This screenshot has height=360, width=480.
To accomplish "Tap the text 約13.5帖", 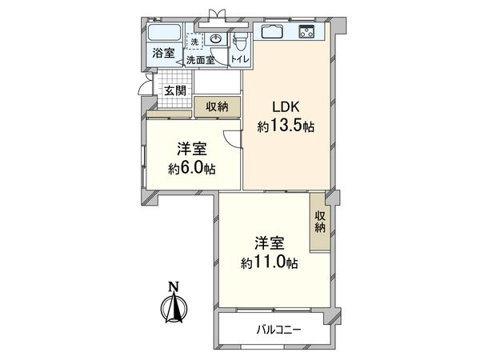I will point(286,126).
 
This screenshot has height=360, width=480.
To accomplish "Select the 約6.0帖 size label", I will point(192,168).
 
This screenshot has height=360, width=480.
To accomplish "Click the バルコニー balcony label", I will point(279,330).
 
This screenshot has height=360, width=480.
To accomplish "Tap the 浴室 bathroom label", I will point(162,54).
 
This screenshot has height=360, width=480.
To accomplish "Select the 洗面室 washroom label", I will point(200,60).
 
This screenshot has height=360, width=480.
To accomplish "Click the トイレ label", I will point(240,60).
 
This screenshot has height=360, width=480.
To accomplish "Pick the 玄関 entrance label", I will point(175,90).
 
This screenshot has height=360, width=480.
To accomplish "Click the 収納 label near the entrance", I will point(217,106).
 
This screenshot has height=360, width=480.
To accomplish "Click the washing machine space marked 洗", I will point(194,41).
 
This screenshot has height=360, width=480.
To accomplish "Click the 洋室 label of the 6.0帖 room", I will point(192,149).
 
